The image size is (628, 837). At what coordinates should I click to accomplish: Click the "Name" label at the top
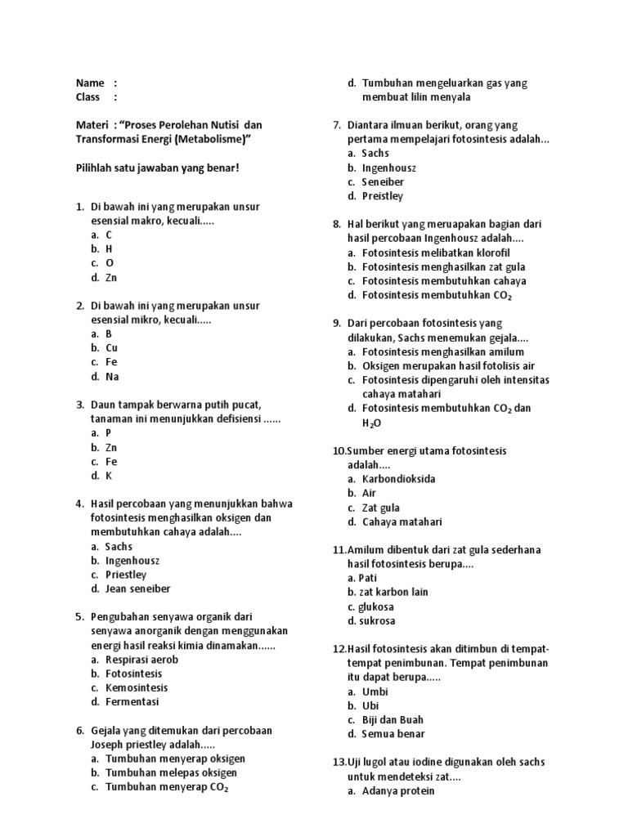(90, 83)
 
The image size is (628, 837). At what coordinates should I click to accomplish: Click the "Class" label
(88, 96)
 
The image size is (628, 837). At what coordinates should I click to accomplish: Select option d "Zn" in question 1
(110, 278)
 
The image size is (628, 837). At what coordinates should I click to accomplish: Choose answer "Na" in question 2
(112, 377)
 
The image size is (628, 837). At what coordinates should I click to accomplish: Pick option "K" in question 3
(108, 476)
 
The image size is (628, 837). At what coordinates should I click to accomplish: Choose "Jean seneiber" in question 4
(137, 589)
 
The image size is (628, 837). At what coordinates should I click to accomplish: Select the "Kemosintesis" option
(137, 687)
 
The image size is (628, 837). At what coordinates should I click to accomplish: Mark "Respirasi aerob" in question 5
(141, 660)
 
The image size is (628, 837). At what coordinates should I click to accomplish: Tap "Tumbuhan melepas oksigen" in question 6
(171, 772)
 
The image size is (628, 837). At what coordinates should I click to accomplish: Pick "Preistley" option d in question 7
(383, 196)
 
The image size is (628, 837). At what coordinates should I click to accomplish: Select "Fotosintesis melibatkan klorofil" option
(436, 253)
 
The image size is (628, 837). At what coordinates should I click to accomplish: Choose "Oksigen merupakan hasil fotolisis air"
(448, 366)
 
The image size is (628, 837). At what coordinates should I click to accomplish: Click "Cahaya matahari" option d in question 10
(402, 521)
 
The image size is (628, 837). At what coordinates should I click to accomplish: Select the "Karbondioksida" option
(399, 479)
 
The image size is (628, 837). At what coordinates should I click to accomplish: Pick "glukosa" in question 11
(376, 606)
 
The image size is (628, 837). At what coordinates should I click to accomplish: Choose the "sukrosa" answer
(376, 620)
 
